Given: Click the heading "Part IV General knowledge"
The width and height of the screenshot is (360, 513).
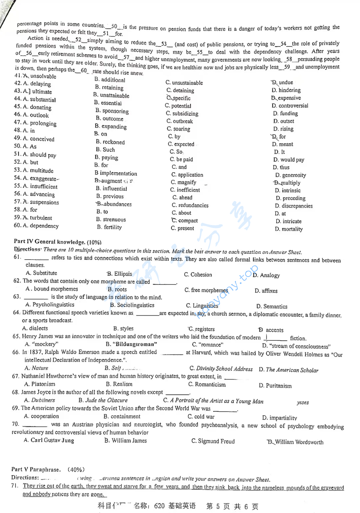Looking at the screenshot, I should pos(50,242).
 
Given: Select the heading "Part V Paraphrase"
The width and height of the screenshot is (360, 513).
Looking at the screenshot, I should pos(36,469).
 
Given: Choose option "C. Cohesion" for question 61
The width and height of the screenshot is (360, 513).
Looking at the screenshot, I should pos(198,275).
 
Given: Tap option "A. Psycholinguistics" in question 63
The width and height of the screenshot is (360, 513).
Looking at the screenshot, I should pos(50,305).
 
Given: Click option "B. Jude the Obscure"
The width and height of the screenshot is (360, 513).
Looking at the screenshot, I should pos(103,400).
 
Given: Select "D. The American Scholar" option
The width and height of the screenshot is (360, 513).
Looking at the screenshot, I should pos(288,370).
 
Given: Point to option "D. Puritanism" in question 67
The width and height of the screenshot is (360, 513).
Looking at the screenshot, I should pos(275,386).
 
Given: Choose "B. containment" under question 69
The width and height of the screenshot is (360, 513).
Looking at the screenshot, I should pos(122,416).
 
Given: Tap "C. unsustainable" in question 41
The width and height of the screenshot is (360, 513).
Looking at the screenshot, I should pos(184,83).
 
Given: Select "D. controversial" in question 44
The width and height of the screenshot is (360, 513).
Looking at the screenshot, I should pos(290,106).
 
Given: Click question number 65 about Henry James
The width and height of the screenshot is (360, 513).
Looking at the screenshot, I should pos(16,336).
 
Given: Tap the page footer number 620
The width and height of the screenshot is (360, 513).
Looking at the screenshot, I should pos(159,506).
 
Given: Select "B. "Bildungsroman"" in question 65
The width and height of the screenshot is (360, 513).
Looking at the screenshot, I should pos(131,344).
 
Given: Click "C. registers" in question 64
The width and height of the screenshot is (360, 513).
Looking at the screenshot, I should pos(201,329).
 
